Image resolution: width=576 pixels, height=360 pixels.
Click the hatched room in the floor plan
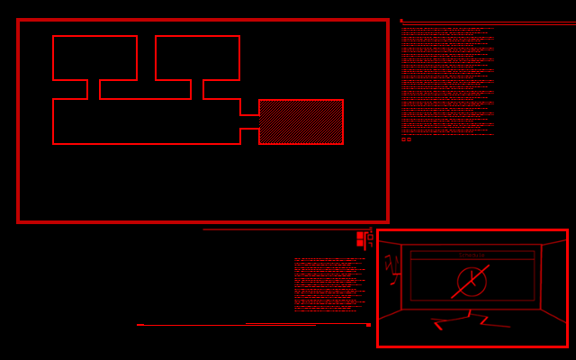pos(301,121)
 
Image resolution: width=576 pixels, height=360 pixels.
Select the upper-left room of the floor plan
pos(94,58)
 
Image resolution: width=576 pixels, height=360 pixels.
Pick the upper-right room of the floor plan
pos(197,58)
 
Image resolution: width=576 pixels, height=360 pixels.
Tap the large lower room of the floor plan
pos(144,121)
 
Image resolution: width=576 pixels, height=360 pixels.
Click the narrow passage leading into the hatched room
pos(249,121)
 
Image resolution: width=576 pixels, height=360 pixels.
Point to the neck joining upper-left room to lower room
pos(94,89)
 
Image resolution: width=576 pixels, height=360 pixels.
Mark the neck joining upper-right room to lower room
pos(197,89)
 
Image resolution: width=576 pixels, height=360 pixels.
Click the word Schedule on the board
pos(472,256)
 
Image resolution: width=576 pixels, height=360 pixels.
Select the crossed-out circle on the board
pos(472,282)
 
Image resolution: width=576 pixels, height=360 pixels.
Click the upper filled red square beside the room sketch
pos(360,235)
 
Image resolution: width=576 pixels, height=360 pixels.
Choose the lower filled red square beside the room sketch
pos(360,243)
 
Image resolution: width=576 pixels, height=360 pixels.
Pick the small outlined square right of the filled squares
pos(369,236)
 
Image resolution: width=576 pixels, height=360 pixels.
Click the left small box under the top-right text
pos(403,139)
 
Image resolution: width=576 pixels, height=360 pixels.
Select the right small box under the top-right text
pos(409,139)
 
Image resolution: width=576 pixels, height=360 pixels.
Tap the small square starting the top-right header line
pos(401,21)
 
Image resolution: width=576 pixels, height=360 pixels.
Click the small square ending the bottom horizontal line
pos(368,325)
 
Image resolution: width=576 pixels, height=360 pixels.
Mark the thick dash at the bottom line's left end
pos(140,325)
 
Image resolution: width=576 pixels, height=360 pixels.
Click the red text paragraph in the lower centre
pos(329,284)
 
